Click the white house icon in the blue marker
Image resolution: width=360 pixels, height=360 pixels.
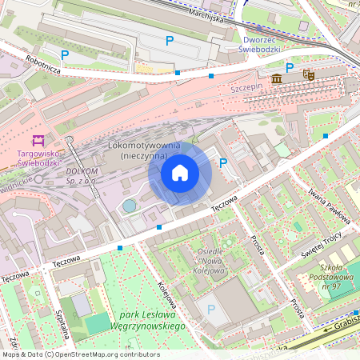(180, 173)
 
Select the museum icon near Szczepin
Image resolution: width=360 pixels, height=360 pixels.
(277, 78)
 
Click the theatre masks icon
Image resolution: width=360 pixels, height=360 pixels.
(309, 75)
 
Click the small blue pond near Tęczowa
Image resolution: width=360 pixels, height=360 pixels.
(129, 206)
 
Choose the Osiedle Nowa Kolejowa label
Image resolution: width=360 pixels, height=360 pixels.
(211, 261)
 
